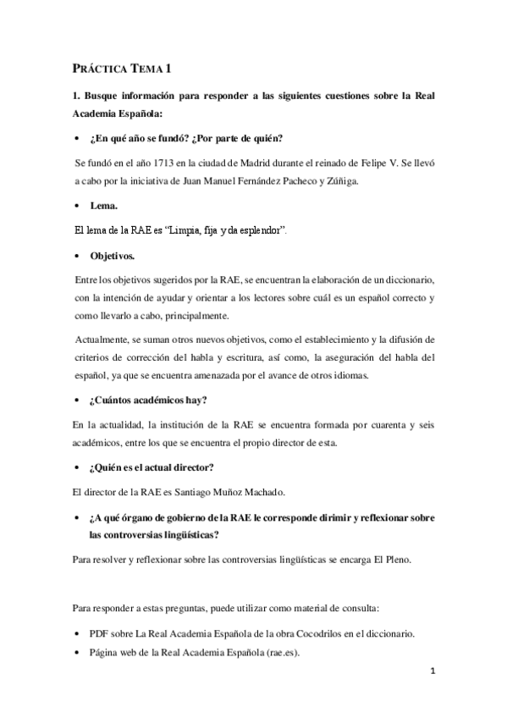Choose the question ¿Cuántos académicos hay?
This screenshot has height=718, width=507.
(154, 400)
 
